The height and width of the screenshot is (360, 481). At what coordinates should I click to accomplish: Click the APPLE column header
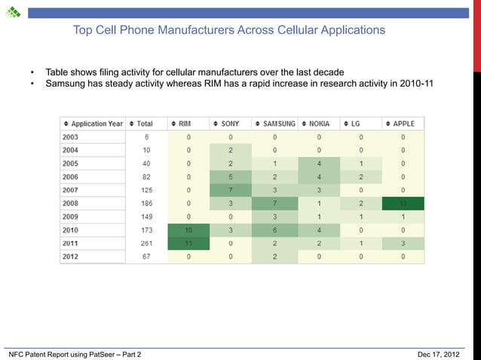coord(403,124)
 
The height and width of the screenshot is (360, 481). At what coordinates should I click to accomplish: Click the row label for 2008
coord(70,203)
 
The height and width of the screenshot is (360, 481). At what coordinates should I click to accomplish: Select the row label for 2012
coord(70,257)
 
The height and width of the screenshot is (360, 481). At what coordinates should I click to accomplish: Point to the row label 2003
coord(70,137)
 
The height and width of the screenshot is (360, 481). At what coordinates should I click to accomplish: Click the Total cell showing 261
coord(146,243)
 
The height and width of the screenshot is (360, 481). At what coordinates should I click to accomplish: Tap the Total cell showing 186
coord(146,203)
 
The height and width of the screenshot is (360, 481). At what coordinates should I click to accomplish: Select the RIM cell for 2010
coord(188,230)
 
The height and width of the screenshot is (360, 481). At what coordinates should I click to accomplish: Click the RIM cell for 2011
coord(188,243)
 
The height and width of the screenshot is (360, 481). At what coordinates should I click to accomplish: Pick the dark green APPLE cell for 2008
coord(403,203)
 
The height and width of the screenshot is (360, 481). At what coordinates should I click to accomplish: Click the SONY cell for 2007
coord(231,190)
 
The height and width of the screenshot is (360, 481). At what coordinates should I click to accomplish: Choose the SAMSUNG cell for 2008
coord(274,203)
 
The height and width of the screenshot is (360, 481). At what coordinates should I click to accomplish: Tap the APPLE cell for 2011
coord(403,243)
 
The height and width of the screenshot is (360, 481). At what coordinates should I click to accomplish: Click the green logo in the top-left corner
coord(14,12)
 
